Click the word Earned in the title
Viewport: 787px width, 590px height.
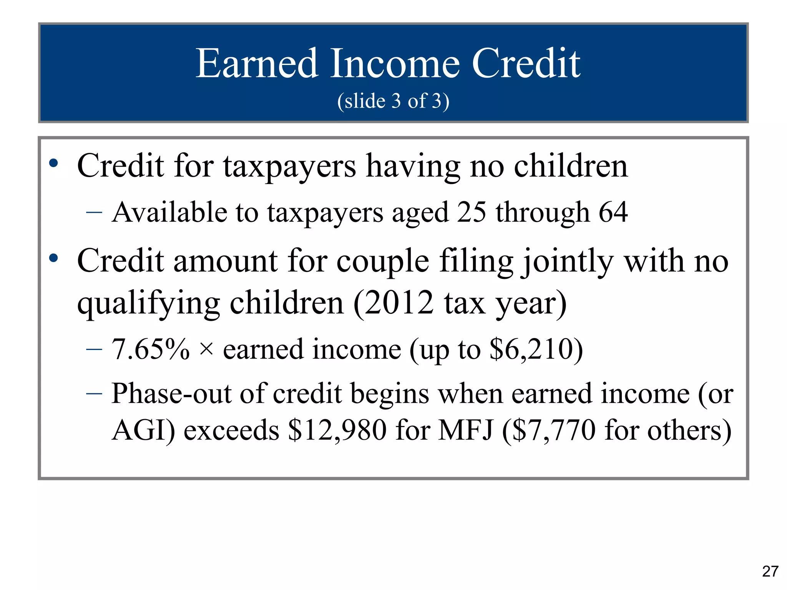[x=257, y=64]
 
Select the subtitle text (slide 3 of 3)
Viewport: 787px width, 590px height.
[x=393, y=101]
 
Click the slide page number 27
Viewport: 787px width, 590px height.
[x=770, y=571]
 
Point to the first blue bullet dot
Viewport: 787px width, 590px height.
[x=54, y=164]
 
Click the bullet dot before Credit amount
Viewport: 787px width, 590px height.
[x=54, y=258]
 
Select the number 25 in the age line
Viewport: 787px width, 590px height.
[x=472, y=212]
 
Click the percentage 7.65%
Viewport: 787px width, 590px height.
[x=151, y=350]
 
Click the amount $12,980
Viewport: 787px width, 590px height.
[x=337, y=430]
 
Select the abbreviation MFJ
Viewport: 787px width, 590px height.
[x=465, y=430]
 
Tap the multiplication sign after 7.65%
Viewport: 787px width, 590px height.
[x=206, y=350]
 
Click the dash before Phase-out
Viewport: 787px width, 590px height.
[x=94, y=394]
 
